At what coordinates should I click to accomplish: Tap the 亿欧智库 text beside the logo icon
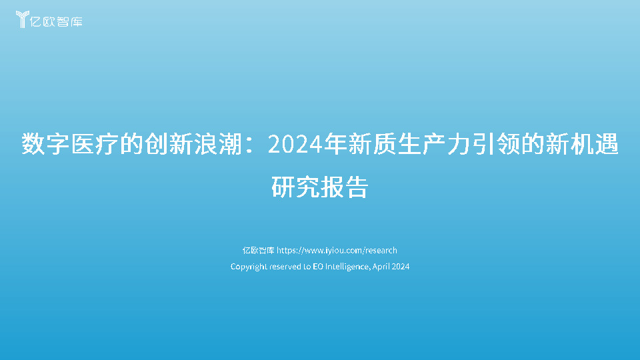pos(59,21)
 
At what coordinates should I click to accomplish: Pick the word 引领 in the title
pos(483,144)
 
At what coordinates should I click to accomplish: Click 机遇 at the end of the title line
pos(594,144)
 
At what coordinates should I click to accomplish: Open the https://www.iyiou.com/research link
pos(337,251)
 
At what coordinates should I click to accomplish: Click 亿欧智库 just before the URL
pos(258,251)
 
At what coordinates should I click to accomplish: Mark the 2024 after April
pos(401,267)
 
